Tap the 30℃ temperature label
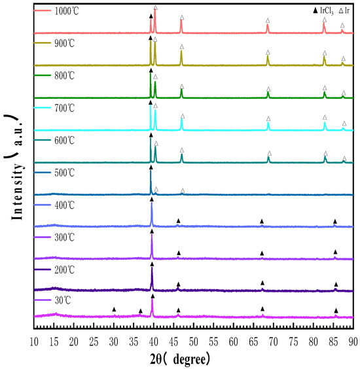click(x=61, y=300)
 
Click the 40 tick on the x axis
click(x=154, y=341)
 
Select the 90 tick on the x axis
click(x=353, y=341)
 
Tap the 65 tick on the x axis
click(x=254, y=341)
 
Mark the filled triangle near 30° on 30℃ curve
click(x=114, y=309)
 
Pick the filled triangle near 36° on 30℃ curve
click(x=140, y=311)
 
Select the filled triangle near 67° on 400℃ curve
click(x=262, y=221)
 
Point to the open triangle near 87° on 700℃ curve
click(x=344, y=123)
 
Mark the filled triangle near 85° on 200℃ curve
click(x=336, y=284)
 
